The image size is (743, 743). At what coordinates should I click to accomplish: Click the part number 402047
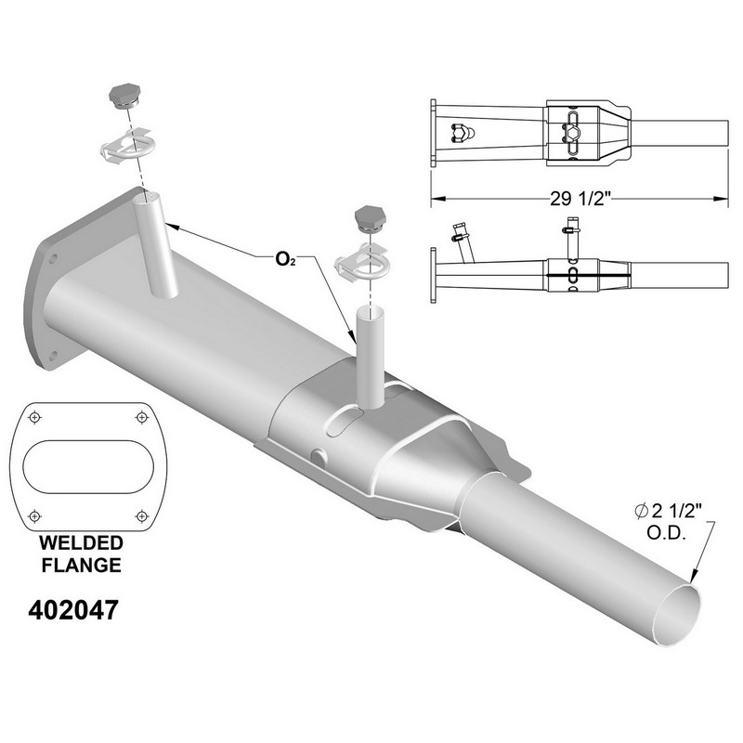[x=73, y=610]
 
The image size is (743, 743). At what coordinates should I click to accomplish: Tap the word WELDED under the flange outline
[x=81, y=543]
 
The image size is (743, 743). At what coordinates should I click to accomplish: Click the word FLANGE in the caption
[x=81, y=566]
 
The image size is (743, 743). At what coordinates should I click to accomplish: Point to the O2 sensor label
[x=286, y=260]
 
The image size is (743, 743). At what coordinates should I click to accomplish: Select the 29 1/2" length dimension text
[x=579, y=199]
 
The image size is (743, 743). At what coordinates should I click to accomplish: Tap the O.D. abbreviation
[x=666, y=533]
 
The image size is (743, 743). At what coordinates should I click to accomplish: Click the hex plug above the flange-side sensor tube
[x=125, y=98]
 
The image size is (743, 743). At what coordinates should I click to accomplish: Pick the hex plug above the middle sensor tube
[x=371, y=219]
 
